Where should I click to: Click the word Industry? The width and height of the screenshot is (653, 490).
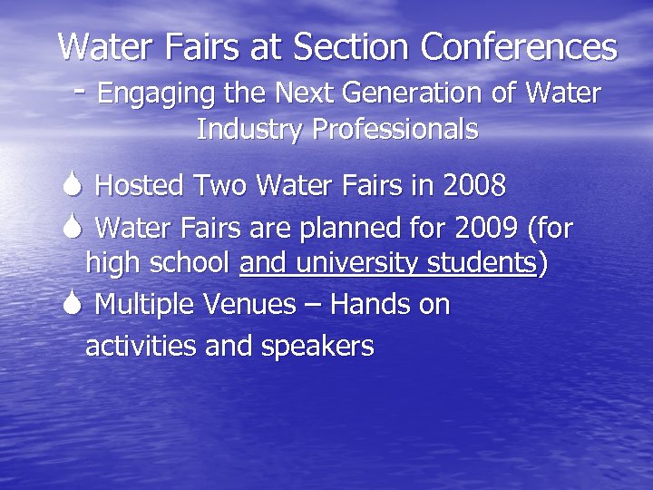click(x=250, y=130)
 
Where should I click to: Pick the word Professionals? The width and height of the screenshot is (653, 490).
click(x=395, y=130)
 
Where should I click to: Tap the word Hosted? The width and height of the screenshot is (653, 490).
click(x=139, y=186)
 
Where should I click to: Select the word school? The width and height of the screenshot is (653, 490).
click(x=190, y=264)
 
